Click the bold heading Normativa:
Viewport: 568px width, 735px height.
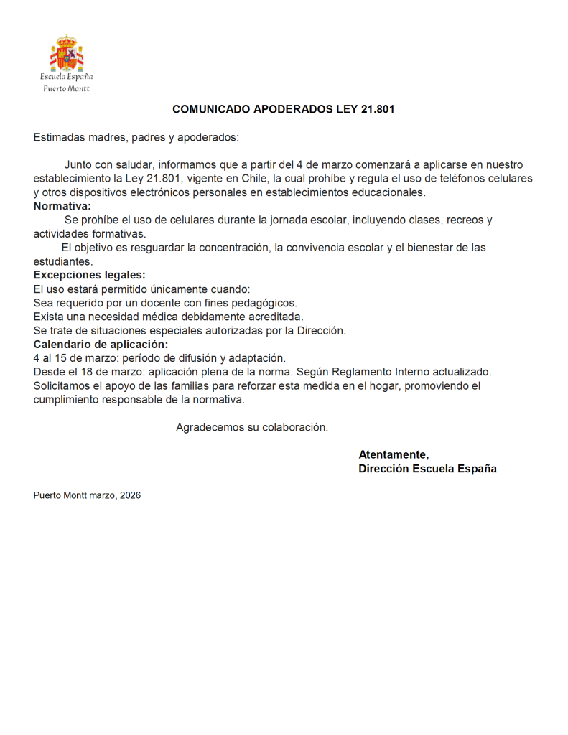(x=62, y=206)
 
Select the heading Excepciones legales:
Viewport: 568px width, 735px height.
(x=89, y=275)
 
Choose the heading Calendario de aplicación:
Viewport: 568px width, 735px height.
(x=101, y=344)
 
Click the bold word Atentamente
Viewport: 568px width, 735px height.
(x=394, y=454)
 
